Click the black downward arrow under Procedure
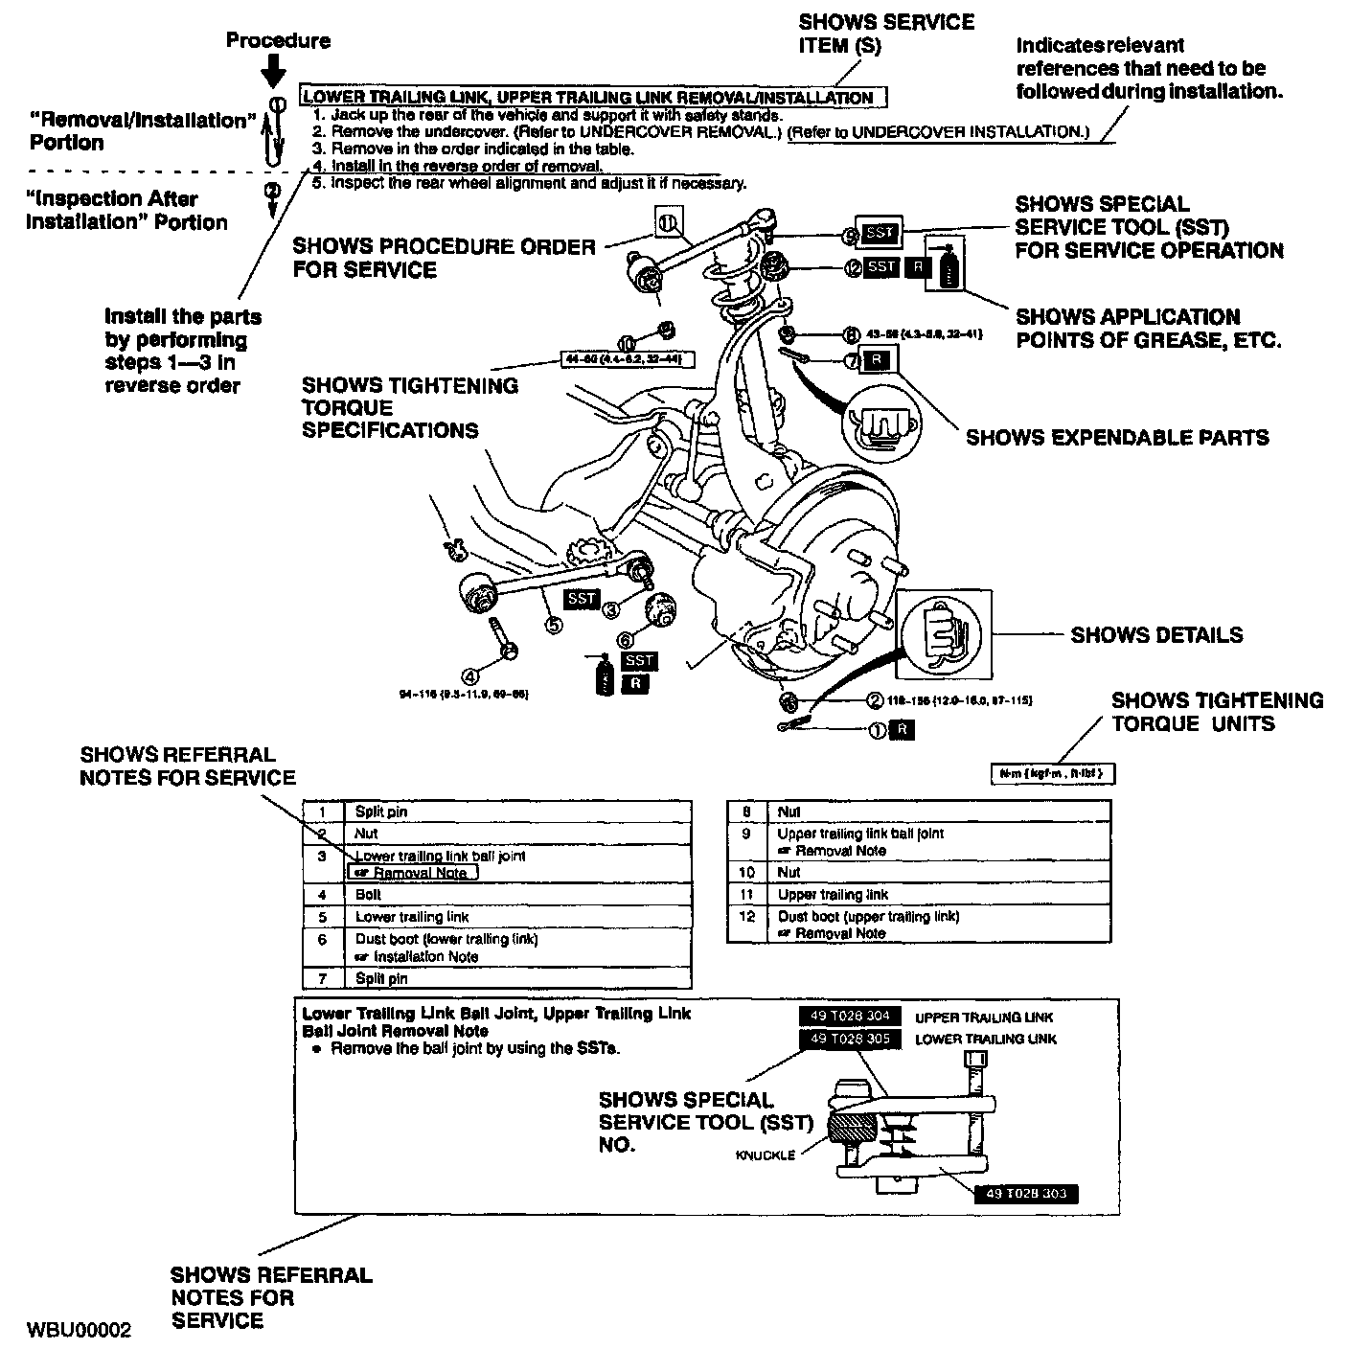click(x=274, y=70)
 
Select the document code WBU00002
click(x=80, y=1330)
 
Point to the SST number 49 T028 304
click(x=850, y=1017)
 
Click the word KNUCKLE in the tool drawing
click(x=765, y=1155)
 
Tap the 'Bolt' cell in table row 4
click(x=369, y=894)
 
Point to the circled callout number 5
click(x=554, y=625)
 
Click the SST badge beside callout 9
click(x=877, y=233)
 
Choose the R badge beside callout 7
click(x=876, y=361)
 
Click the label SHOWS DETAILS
click(x=1156, y=635)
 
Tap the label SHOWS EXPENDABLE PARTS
click(x=1117, y=438)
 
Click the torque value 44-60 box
click(x=628, y=359)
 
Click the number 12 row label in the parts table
click(x=747, y=917)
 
